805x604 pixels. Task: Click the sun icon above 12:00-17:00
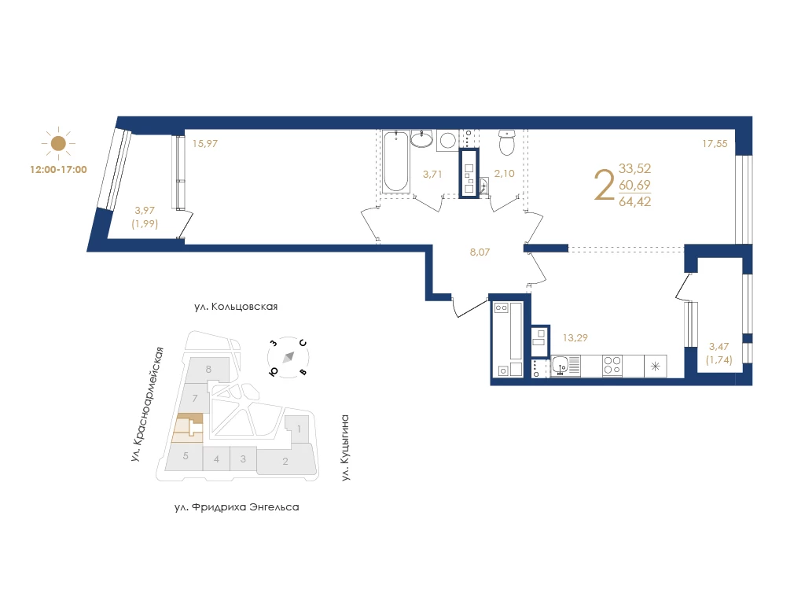(58, 143)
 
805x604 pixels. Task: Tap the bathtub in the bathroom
(396, 161)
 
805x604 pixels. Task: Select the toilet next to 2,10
(507, 142)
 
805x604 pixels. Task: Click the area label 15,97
(205, 144)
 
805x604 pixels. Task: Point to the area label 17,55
(715, 144)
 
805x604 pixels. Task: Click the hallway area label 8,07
(480, 252)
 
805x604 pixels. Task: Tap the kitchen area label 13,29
(575, 338)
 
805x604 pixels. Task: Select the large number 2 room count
(604, 186)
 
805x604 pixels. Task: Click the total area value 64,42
(634, 202)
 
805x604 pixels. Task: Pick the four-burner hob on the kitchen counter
(612, 366)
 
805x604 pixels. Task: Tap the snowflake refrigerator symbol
(656, 366)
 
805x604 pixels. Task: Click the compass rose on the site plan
(289, 357)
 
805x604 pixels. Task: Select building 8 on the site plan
(208, 370)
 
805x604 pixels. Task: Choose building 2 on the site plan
(285, 461)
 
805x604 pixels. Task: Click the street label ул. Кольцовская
(236, 307)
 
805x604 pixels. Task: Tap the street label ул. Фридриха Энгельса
(237, 507)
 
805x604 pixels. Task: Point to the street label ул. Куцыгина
(346, 447)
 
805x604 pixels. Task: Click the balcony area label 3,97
(145, 210)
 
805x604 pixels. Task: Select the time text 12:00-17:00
(58, 170)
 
